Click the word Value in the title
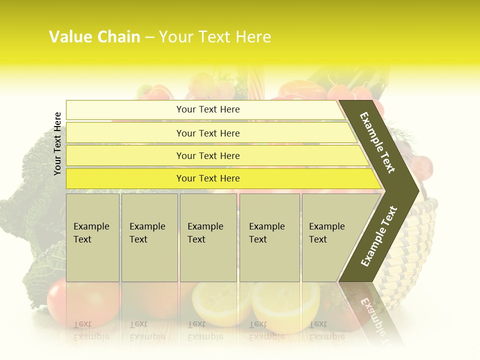coord(69,37)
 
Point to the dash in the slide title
coord(149,37)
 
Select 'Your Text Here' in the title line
coord(215,37)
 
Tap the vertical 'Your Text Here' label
coord(57,143)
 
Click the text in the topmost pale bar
coord(208,109)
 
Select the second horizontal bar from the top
coord(208,133)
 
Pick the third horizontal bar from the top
coord(208,155)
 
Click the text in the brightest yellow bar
coord(208,178)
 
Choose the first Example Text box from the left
coord(92,237)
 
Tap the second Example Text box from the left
coord(149,237)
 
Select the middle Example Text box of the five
coord(208,237)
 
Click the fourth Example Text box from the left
coord(269,237)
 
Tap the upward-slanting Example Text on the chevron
coord(379,236)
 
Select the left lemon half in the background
coord(220,302)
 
